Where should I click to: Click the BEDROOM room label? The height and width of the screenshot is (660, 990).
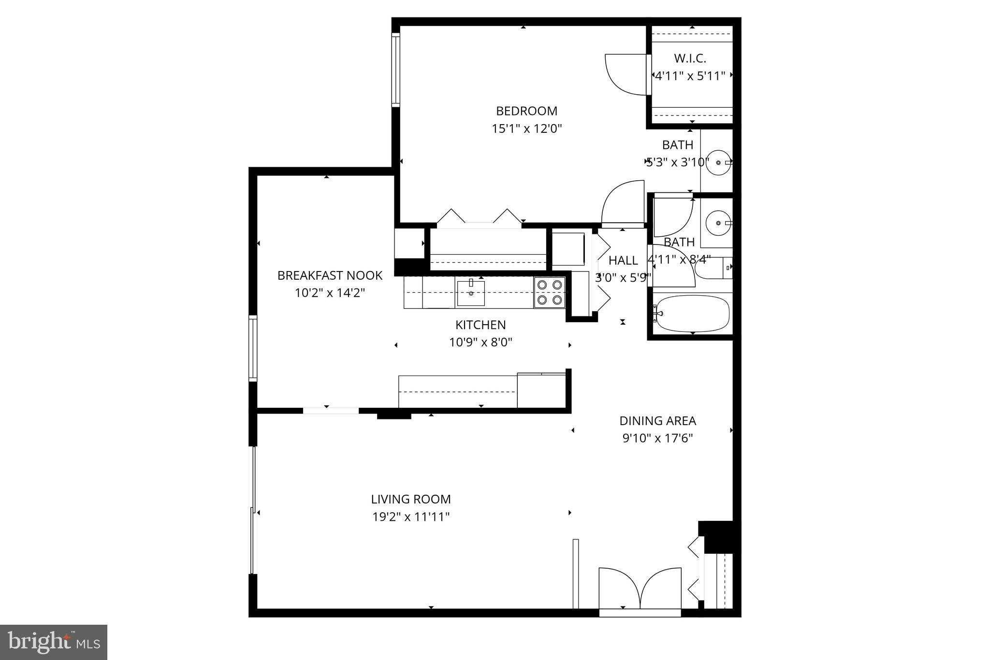526,111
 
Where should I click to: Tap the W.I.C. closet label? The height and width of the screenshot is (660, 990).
690,58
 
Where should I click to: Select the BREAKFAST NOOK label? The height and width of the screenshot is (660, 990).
330,275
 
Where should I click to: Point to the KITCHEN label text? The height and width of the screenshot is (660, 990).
480,325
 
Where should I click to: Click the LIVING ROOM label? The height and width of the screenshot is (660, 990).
411,499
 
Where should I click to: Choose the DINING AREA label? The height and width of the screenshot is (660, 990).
657,421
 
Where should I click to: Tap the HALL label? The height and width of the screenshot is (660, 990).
623,260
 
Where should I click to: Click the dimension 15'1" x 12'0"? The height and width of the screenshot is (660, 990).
526,129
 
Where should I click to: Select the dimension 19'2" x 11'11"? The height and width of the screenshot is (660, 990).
411,517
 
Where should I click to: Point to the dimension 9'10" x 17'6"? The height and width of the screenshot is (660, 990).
657,439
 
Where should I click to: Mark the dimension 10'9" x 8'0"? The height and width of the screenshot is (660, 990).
480,343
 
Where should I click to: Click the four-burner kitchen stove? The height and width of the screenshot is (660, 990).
550,292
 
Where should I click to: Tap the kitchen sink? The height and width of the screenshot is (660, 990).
471,293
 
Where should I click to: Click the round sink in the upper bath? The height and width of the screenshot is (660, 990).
719,162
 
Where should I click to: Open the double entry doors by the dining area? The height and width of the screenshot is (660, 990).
640,590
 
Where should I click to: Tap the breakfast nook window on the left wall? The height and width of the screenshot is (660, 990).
253,348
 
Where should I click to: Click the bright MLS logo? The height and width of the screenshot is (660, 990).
54,642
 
